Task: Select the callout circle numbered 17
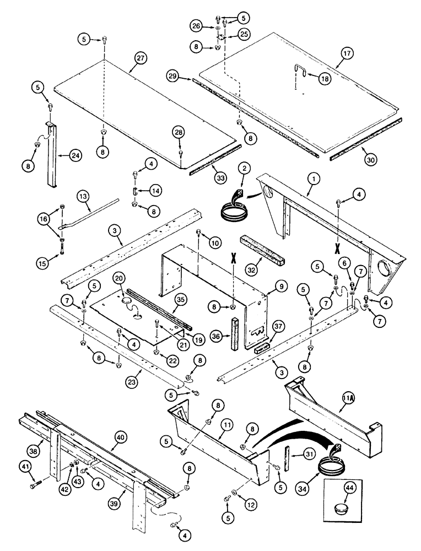pos(347,53)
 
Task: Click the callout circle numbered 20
pos(120,278)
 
